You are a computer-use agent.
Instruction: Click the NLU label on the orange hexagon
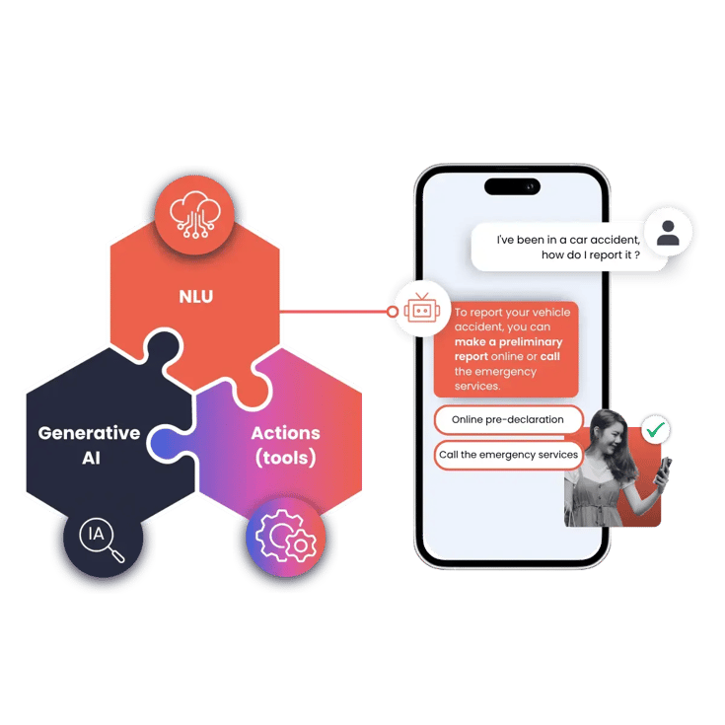[x=196, y=296]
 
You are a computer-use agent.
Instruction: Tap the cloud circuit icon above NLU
[x=195, y=215]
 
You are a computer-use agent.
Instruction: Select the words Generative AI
[x=89, y=445]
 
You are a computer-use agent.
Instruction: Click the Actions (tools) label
[x=286, y=445]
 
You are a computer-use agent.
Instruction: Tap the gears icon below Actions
[x=286, y=537]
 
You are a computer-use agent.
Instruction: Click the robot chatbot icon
[x=422, y=309]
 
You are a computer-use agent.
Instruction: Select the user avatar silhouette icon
[x=668, y=233]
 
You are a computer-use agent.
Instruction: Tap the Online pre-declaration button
[x=508, y=419]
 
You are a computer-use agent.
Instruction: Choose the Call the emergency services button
[x=508, y=455]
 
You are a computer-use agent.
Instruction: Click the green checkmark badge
[x=656, y=429]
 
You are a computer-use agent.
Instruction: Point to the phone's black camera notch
[x=512, y=186]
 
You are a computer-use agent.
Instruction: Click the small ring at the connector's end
[x=393, y=312]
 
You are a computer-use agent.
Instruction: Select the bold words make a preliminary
[x=509, y=342]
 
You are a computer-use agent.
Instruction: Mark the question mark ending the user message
[x=637, y=254]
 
